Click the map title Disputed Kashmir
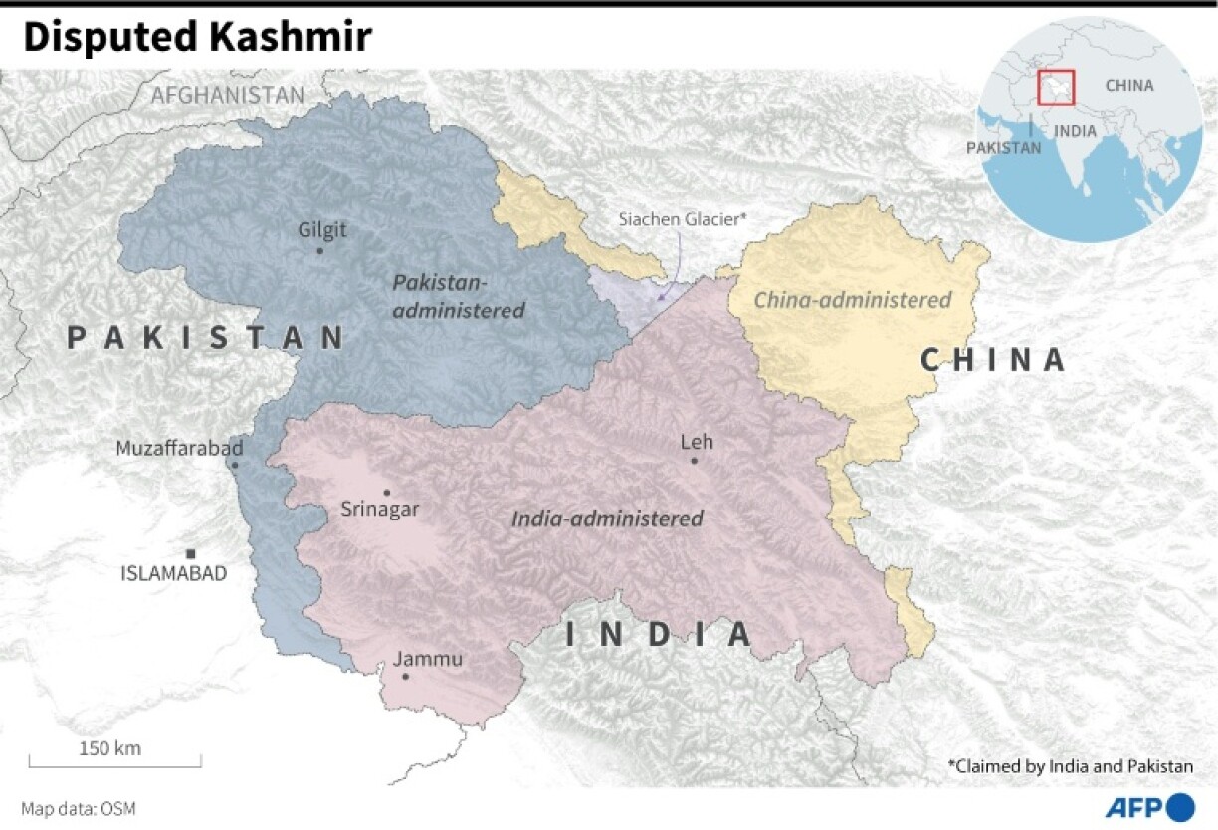pyautogui.click(x=197, y=38)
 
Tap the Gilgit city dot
pyautogui.click(x=319, y=250)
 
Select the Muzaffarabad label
pyautogui.click(x=179, y=448)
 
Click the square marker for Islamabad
pyautogui.click(x=190, y=553)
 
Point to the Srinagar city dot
pyautogui.click(x=387, y=492)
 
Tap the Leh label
pyautogui.click(x=697, y=442)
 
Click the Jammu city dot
pyautogui.click(x=405, y=677)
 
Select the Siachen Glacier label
pyautogui.click(x=682, y=219)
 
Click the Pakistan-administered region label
pyautogui.click(x=458, y=297)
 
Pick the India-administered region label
pyautogui.click(x=607, y=519)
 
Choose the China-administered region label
pyautogui.click(x=852, y=300)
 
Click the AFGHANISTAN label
pyautogui.click(x=227, y=95)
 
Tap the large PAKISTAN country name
pyautogui.click(x=206, y=338)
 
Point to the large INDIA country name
pyautogui.click(x=658, y=634)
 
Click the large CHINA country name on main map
pyautogui.click(x=992, y=359)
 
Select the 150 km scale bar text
pyautogui.click(x=109, y=748)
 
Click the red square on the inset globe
pyautogui.click(x=1057, y=87)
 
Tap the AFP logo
pyautogui.click(x=1149, y=806)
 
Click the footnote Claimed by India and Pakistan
pyautogui.click(x=1070, y=766)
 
